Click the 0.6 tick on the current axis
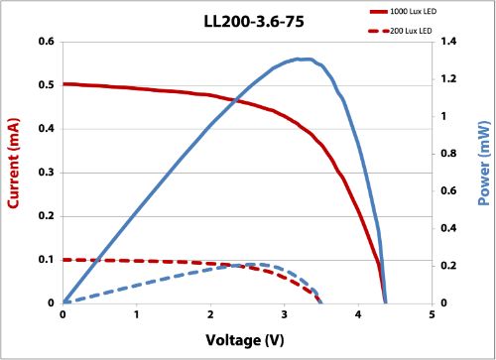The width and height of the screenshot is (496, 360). tap(46, 42)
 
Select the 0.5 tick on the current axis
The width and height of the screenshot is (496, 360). tap(46, 85)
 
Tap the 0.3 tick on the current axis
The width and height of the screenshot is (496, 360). tap(46, 173)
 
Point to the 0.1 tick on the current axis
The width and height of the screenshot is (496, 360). tap(46, 260)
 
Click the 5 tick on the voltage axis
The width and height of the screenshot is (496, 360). tap(433, 315)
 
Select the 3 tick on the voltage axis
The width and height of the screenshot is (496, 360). tap(285, 315)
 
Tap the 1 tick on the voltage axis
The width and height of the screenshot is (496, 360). tap(137, 315)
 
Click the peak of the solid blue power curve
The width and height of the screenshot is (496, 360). tap(303, 59)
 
